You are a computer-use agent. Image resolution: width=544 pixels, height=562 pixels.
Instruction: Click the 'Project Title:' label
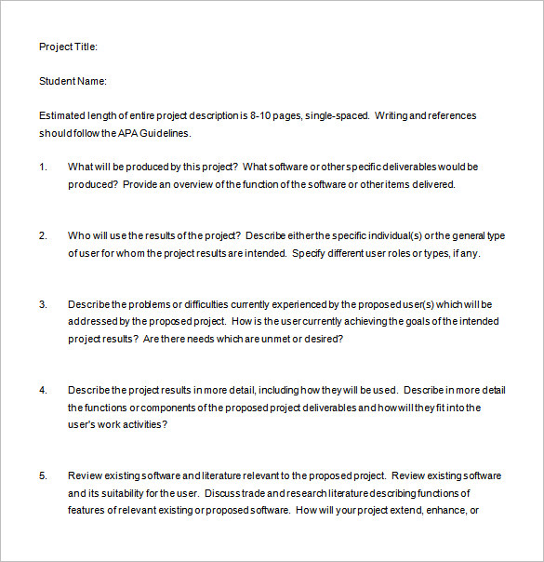pyautogui.click(x=68, y=47)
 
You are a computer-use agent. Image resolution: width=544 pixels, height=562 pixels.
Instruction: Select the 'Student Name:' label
pyautogui.click(x=73, y=81)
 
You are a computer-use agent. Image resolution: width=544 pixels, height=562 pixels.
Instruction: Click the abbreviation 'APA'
pyautogui.click(x=130, y=133)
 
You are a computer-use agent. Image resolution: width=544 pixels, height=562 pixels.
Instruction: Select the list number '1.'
pyautogui.click(x=43, y=167)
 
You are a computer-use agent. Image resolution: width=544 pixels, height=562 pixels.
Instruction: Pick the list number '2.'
pyautogui.click(x=43, y=236)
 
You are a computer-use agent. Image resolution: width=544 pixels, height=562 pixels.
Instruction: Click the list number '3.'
pyautogui.click(x=43, y=304)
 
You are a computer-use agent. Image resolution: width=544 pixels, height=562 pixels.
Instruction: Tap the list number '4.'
pyautogui.click(x=43, y=390)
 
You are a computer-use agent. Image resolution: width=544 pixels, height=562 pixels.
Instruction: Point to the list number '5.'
pyautogui.click(x=43, y=475)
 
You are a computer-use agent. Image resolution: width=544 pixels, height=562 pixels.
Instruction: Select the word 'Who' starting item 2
pyautogui.click(x=79, y=236)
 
